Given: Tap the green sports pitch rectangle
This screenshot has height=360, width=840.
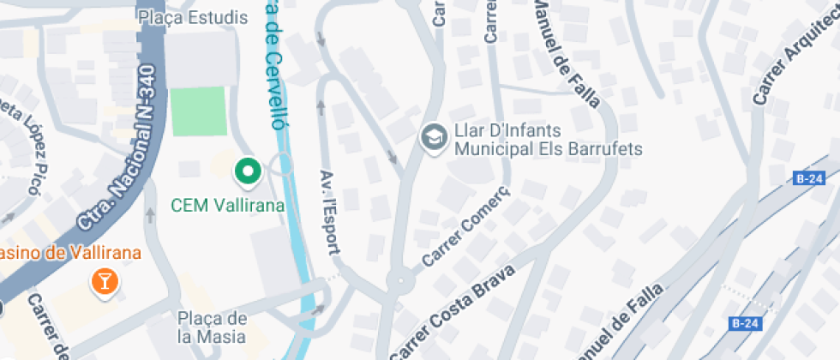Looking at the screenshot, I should click(199, 111).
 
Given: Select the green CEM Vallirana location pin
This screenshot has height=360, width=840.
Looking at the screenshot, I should click(249, 172).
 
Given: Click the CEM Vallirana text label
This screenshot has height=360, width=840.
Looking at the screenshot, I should click(227, 206).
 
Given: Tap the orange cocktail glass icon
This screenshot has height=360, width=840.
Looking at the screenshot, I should click(105, 280).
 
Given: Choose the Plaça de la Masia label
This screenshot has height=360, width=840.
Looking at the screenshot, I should click(212, 327).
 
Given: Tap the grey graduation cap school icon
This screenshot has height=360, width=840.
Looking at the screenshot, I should click(433, 136).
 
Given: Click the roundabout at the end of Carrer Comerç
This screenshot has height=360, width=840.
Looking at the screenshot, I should click(398, 281).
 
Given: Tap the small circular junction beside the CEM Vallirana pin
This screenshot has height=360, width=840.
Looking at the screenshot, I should click(281, 163).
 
